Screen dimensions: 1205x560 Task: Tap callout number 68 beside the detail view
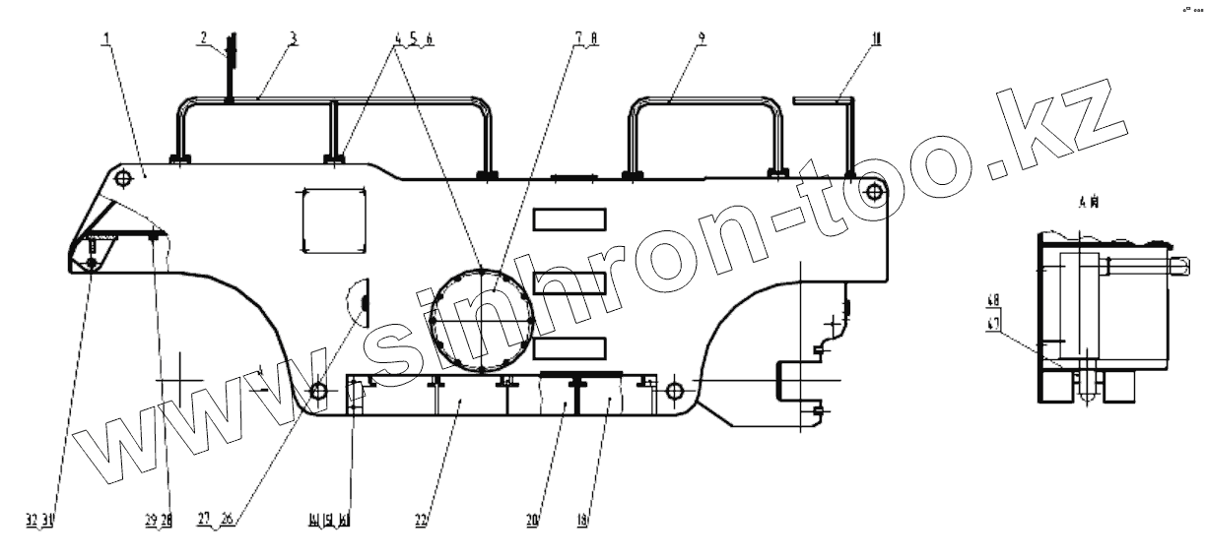click(993, 299)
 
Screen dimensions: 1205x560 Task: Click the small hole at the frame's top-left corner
click(122, 178)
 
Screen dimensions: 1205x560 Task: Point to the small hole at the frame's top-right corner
click(874, 187)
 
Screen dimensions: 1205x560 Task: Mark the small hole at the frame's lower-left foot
click(318, 392)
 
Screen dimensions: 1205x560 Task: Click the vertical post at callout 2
click(230, 69)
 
